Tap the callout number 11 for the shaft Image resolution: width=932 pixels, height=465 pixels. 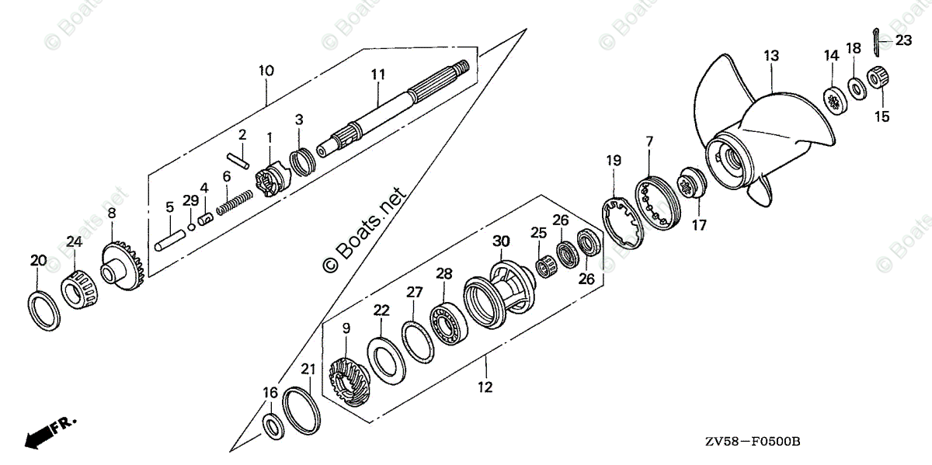378,75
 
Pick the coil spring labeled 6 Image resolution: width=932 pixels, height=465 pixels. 235,203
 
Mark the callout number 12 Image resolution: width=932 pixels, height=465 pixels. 485,387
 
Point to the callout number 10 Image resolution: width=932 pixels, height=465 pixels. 266,71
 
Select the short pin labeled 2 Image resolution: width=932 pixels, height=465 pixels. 239,160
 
